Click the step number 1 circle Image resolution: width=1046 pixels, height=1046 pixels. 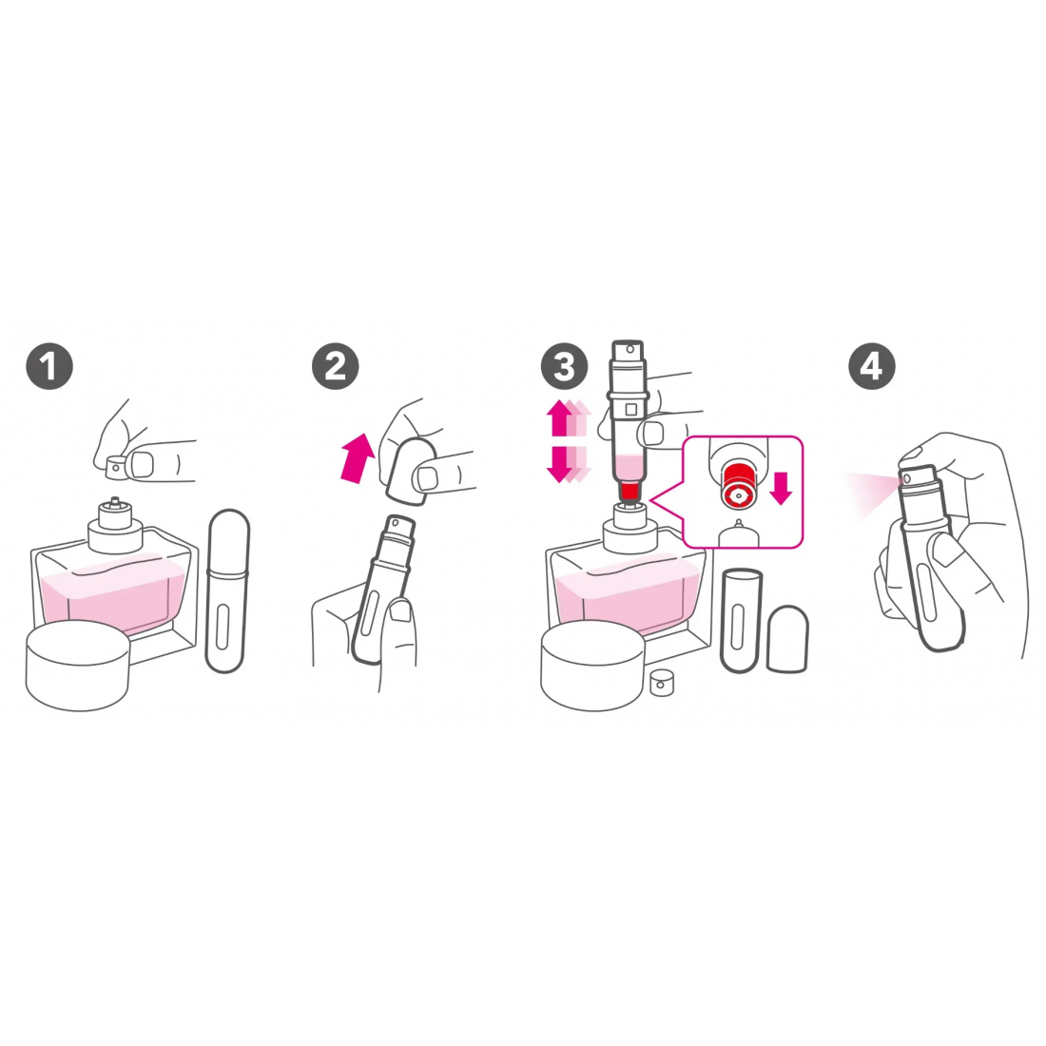[49, 366]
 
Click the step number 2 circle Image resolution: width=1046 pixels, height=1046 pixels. [336, 366]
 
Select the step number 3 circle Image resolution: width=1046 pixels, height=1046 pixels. [565, 366]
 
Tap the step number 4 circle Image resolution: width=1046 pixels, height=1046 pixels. [871, 366]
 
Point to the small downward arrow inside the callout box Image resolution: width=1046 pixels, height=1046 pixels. [781, 486]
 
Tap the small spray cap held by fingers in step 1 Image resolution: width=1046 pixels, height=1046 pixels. [117, 466]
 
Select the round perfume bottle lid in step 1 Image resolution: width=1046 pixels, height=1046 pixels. [77, 665]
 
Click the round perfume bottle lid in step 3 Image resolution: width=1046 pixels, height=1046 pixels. [592, 666]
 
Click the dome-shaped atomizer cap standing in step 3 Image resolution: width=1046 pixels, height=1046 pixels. [786, 639]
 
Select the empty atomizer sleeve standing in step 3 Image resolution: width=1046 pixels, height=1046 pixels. [740, 619]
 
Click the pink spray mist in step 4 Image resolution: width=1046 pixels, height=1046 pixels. [870, 491]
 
